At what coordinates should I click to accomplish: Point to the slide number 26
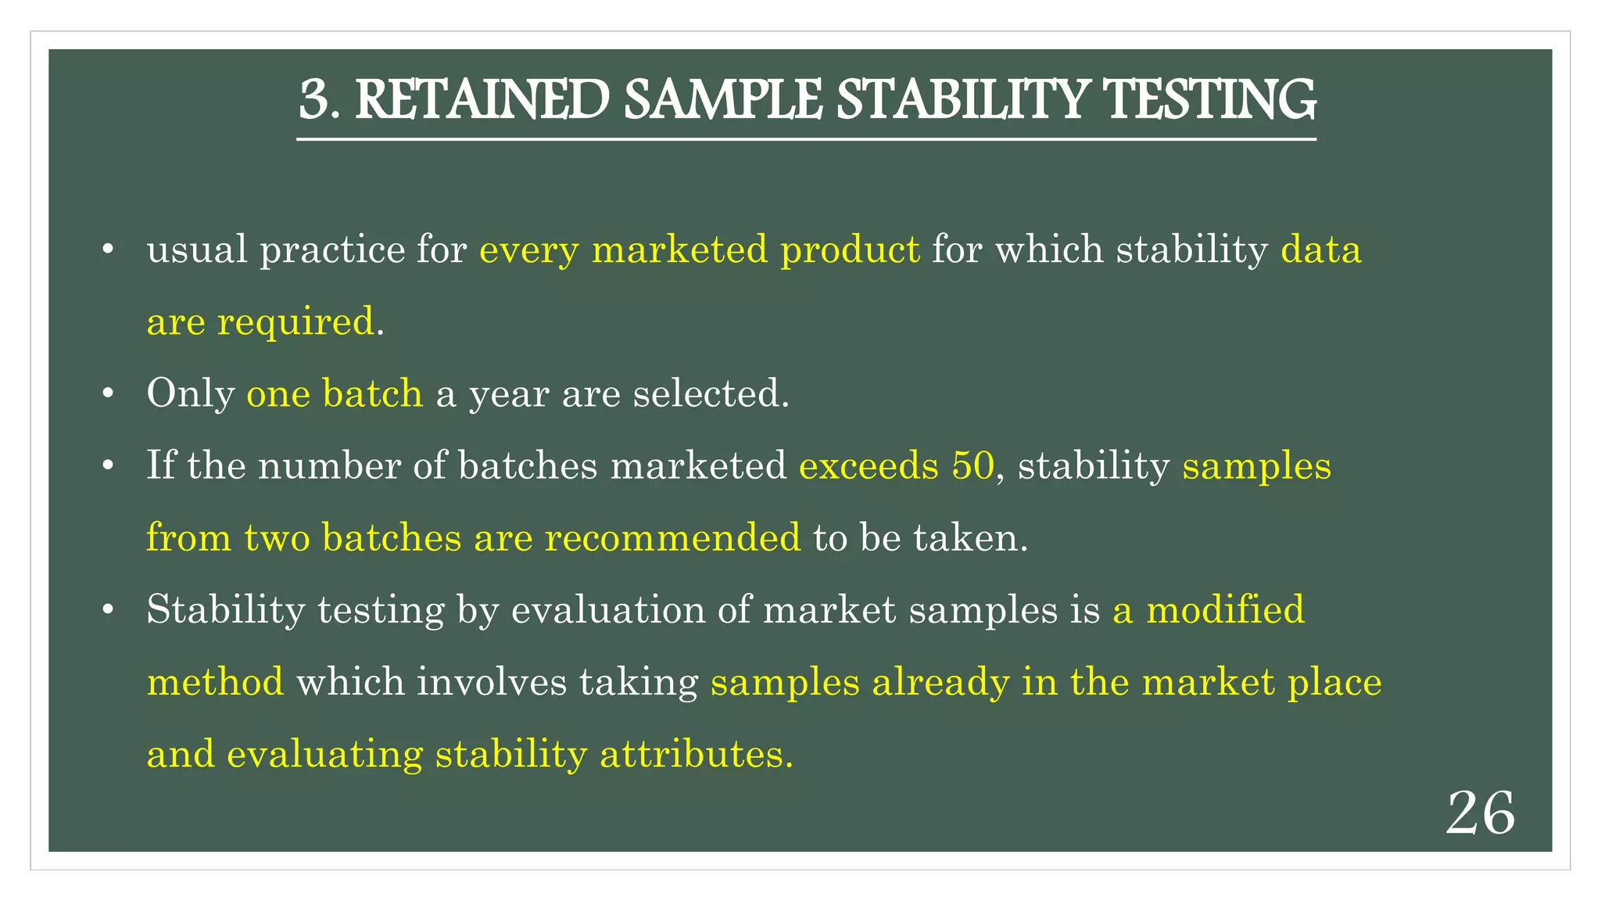coord(1481,814)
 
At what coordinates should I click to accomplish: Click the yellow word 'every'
coord(528,251)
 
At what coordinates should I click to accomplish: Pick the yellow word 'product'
coord(850,251)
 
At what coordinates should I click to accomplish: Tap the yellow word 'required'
coord(295,322)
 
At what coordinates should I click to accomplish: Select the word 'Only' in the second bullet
coord(190,393)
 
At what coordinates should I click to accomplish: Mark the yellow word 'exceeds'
coord(868,466)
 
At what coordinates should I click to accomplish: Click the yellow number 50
coord(972,466)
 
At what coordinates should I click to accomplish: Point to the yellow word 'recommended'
coord(672,538)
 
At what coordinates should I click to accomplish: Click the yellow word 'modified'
coord(1225,610)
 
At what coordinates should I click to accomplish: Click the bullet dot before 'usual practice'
coord(109,250)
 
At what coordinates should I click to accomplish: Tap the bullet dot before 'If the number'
coord(109,467)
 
